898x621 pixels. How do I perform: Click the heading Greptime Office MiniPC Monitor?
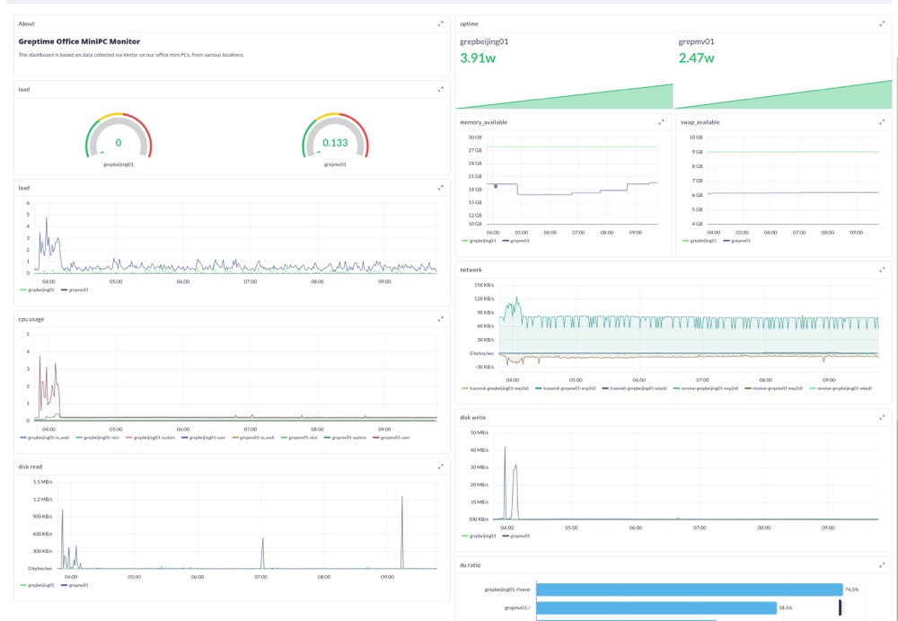point(79,41)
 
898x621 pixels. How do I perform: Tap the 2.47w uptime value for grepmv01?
point(697,58)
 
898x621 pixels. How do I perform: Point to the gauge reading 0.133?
point(335,143)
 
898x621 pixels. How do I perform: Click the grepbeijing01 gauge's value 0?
point(119,143)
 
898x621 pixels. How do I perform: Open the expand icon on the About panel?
point(440,23)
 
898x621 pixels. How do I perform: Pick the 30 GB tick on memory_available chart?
point(476,138)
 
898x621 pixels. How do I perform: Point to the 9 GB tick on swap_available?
point(696,152)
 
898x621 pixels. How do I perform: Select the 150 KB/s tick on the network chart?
point(472,285)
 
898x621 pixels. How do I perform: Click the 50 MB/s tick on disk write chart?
point(479,433)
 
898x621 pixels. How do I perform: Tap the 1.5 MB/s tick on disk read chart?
point(42,483)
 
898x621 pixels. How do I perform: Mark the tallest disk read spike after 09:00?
point(402,497)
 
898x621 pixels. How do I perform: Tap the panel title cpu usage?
point(31,318)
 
